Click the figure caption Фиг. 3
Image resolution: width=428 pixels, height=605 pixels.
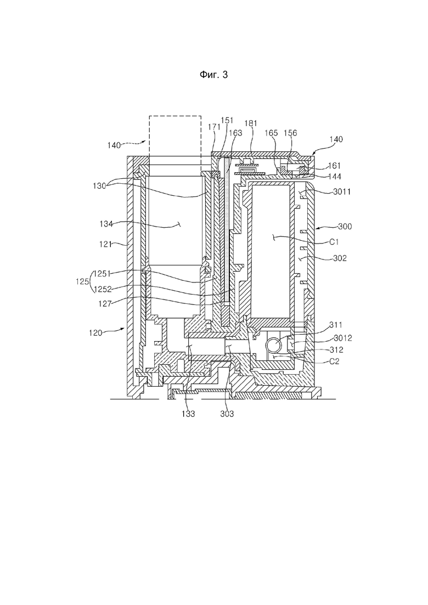pyautogui.click(x=213, y=76)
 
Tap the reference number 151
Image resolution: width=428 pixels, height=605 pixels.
pyautogui.click(x=227, y=120)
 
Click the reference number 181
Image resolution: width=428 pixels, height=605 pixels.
pyautogui.click(x=251, y=125)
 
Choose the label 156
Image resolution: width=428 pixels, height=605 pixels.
pyautogui.click(x=291, y=132)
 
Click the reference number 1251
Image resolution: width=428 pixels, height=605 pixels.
pyautogui.click(x=103, y=272)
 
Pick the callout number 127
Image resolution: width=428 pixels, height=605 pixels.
pyautogui.click(x=106, y=301)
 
